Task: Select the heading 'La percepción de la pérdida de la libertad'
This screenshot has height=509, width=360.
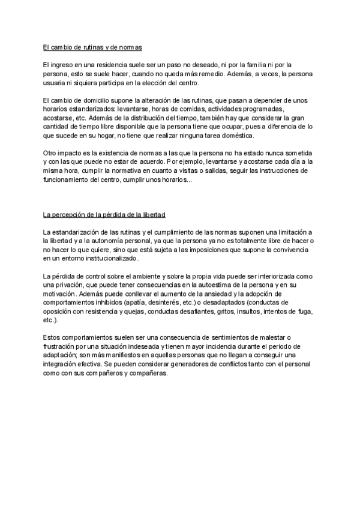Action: point(105,214)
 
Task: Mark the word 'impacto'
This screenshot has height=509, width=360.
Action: point(75,152)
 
